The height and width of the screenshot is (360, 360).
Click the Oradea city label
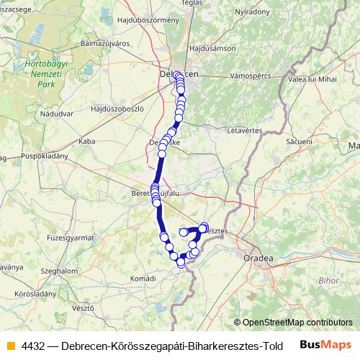click(257, 257)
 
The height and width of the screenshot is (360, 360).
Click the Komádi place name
click(143, 278)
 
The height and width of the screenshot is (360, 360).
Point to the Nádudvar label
click(57, 114)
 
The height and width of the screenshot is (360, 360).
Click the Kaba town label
click(87, 141)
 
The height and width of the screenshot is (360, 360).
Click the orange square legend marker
click(10, 345)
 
